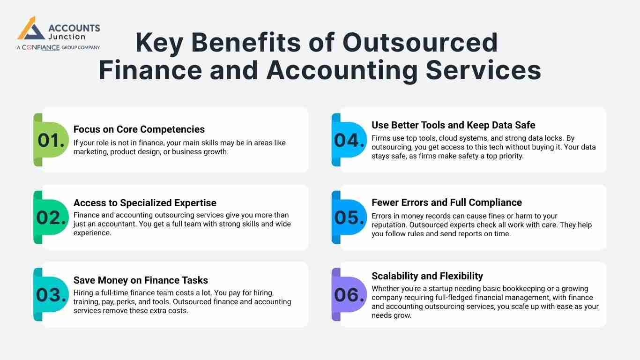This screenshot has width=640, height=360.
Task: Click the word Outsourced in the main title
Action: [420, 43]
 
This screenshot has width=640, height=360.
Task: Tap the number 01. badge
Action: [51, 140]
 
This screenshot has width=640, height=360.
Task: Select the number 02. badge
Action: [51, 217]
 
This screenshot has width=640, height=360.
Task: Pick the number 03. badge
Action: [51, 295]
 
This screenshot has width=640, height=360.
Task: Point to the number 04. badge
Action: [349, 140]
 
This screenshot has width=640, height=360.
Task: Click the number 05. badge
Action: [349, 217]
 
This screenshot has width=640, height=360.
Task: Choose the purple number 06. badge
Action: [349, 295]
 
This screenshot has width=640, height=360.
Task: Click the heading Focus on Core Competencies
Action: [139, 129]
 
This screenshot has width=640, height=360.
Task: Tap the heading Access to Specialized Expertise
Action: [145, 203]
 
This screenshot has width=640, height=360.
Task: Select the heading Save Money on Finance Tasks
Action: [141, 280]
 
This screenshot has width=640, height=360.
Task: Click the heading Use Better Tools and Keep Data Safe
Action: [453, 125]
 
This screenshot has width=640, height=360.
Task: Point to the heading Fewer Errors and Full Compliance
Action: [447, 202]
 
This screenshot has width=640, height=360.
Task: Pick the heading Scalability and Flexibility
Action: [427, 276]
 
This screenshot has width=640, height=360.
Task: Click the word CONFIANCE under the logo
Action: [41, 47]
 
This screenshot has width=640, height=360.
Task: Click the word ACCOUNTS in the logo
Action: [74, 28]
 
